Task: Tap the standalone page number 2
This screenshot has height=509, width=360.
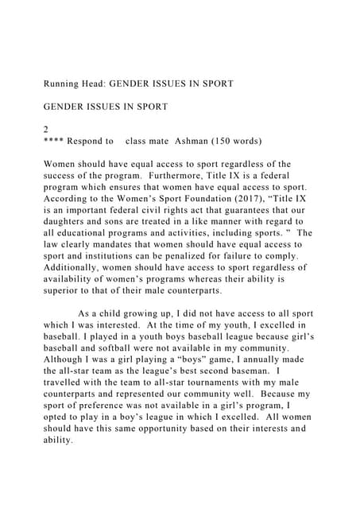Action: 45,128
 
